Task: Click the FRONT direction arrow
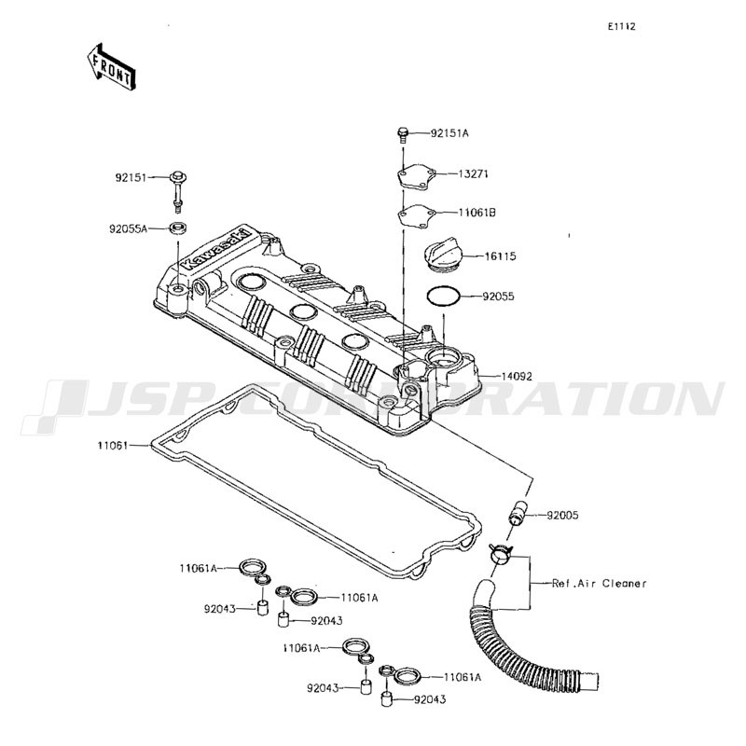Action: pos(111,66)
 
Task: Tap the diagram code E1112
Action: pos(621,27)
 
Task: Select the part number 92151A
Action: pos(449,133)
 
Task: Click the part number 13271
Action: pos(474,174)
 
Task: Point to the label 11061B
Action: pos(477,213)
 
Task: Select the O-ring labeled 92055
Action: pos(444,297)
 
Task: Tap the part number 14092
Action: pos(517,377)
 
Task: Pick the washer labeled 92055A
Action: pos(178,227)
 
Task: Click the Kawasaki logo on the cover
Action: pos(215,250)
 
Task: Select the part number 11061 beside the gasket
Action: pos(113,446)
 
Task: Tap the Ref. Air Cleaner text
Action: pos(599,584)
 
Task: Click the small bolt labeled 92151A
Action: pos(403,133)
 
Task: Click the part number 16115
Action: pos(501,256)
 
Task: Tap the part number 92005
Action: pos(563,516)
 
